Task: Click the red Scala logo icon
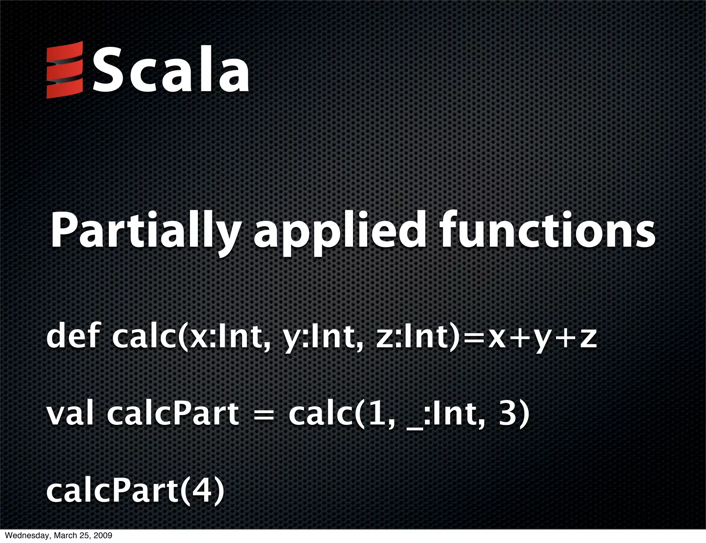click(65, 70)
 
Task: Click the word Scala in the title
click(170, 70)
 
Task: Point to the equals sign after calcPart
click(264, 414)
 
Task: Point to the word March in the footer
click(60, 536)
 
